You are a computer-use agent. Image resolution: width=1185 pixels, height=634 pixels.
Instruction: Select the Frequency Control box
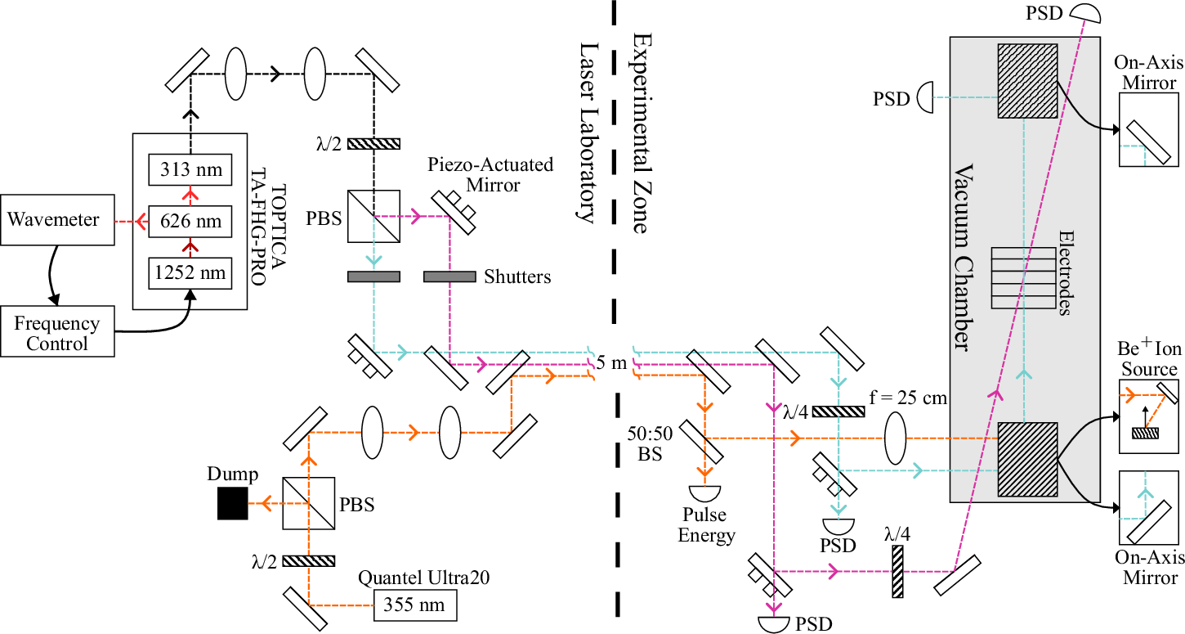pos(56,332)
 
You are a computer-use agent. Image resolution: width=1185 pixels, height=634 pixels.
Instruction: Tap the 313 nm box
pos(189,170)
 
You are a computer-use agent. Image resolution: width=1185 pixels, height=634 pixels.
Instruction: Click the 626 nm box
pos(189,221)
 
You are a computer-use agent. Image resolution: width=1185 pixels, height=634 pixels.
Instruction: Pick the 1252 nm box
pos(189,272)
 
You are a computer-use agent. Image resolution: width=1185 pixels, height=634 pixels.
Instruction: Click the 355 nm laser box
pos(415,607)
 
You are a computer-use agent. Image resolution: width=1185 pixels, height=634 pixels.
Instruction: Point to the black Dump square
pos(232,503)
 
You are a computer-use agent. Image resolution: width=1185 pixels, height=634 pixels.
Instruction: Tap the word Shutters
pos(516,277)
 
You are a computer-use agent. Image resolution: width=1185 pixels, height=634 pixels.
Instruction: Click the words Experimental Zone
pos(643,135)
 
